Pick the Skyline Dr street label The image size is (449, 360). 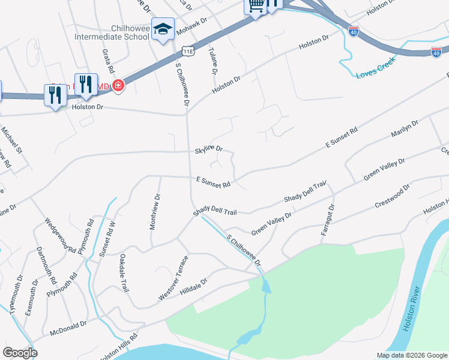click(209, 148)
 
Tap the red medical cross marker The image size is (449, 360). click(118, 86)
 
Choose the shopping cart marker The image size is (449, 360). click(255, 7)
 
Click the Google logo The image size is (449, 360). click(20, 353)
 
